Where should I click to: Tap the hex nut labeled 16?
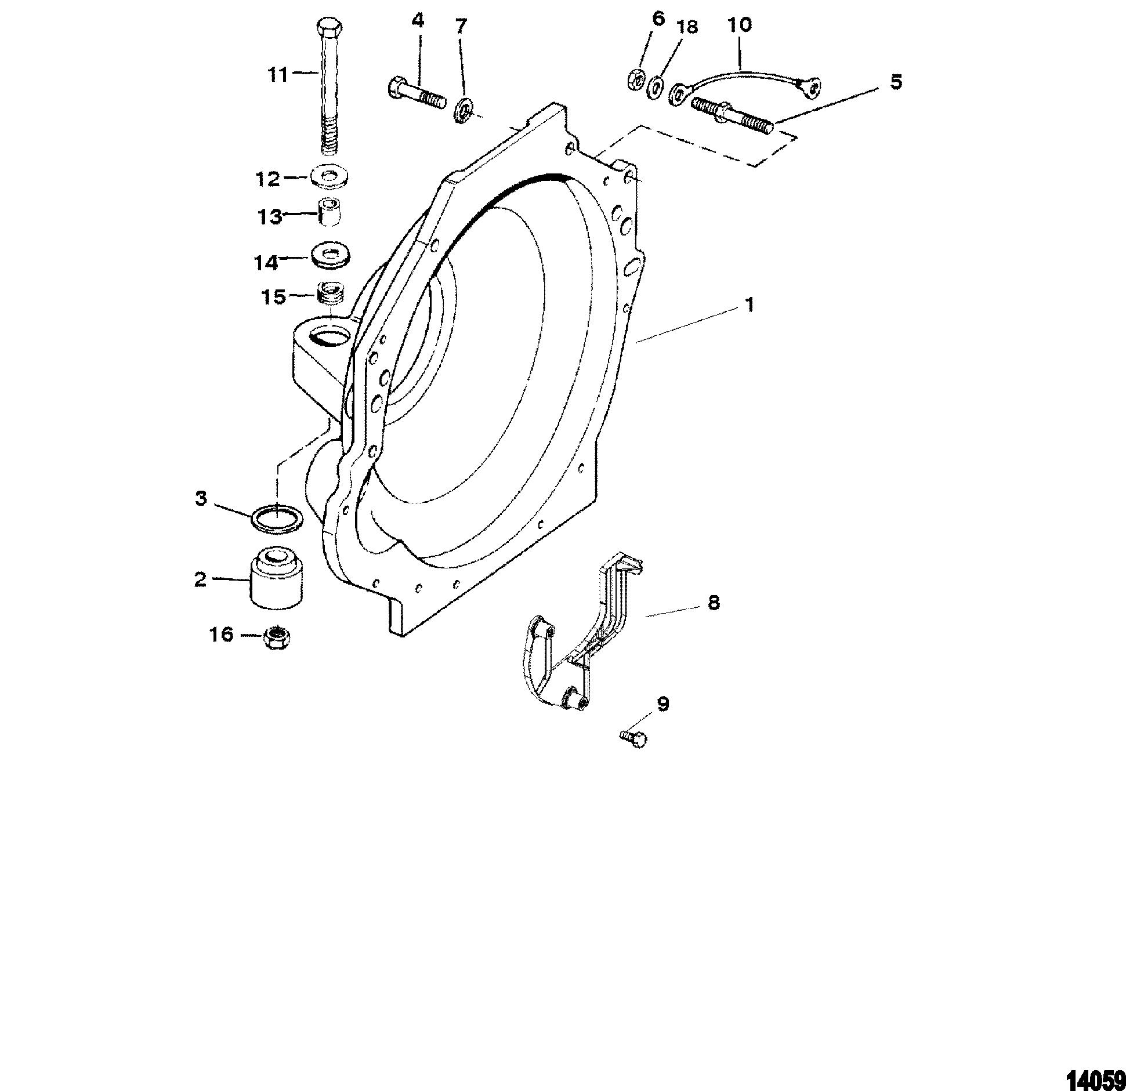(277, 637)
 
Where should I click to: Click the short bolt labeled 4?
(415, 93)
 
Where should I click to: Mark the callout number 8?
(713, 603)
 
